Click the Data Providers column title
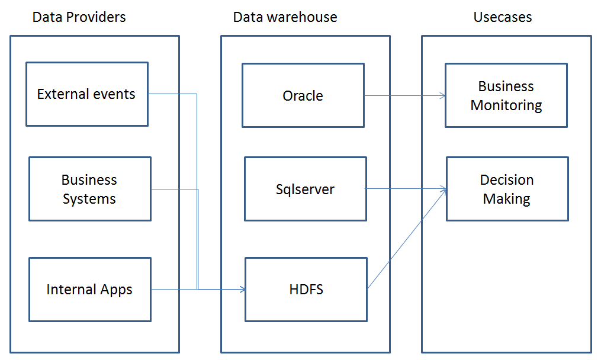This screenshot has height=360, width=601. pyautogui.click(x=79, y=17)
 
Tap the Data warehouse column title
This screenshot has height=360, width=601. pyautogui.click(x=285, y=17)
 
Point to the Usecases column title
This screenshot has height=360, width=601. pyautogui.click(x=502, y=17)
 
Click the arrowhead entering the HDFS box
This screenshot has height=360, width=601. pyautogui.click(x=242, y=290)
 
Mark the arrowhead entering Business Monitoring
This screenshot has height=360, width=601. pyautogui.click(x=442, y=95)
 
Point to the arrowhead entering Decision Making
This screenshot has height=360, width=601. pyautogui.click(x=443, y=189)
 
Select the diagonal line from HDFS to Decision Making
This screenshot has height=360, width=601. pyautogui.click(x=406, y=239)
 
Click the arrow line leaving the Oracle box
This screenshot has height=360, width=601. pyautogui.click(x=403, y=95)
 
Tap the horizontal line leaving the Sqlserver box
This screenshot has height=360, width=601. pyautogui.click(x=403, y=189)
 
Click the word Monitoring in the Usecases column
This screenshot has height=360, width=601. pyautogui.click(x=506, y=105)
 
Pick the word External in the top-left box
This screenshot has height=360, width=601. pyautogui.click(x=62, y=94)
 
